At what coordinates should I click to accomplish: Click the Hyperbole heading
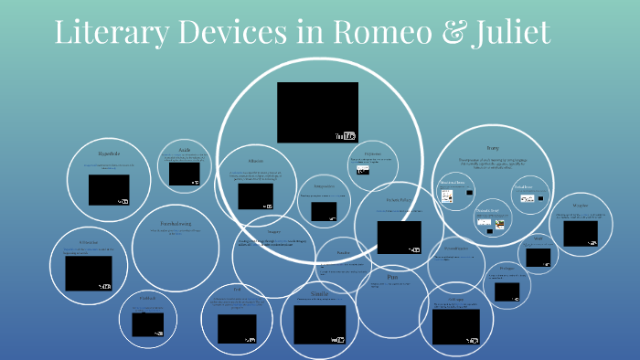(109, 154)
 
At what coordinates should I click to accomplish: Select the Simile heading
(319, 294)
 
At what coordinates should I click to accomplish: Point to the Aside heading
(184, 149)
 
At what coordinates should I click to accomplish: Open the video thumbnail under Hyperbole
(109, 189)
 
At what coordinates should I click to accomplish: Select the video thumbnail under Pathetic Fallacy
(399, 237)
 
